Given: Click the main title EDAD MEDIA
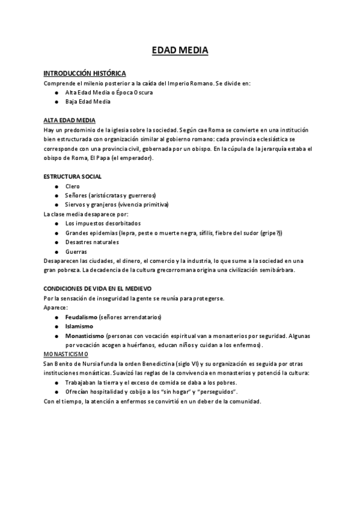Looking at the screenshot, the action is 180,51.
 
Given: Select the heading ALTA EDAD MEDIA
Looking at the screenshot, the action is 69,120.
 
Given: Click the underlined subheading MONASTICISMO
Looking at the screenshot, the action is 66,355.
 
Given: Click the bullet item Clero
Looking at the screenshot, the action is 72,186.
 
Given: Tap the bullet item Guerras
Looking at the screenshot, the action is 76,252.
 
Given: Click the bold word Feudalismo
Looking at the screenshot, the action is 81,317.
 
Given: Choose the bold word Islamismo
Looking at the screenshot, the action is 78,327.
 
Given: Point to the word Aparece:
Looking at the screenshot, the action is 56,307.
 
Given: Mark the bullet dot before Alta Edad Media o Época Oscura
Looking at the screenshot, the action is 56,93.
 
